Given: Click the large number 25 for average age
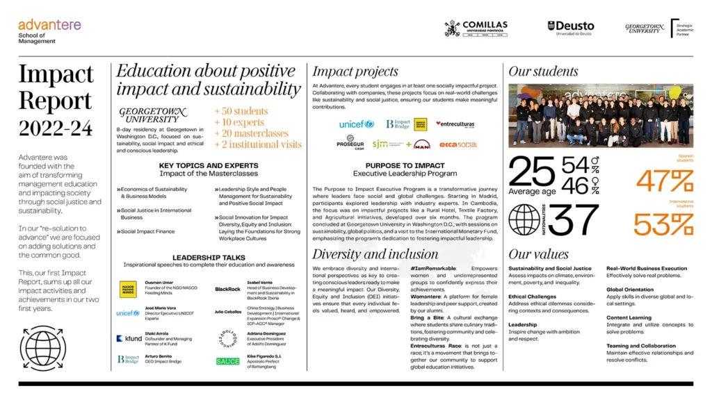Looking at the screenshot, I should click(x=532, y=173).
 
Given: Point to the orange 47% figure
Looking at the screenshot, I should click(x=664, y=181).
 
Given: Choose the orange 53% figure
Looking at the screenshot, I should click(x=664, y=224).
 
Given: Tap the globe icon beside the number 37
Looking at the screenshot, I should click(x=524, y=220).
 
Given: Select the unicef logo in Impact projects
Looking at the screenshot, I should click(x=357, y=124).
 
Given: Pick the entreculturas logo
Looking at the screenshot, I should click(x=455, y=124).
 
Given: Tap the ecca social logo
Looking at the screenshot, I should click(x=458, y=144).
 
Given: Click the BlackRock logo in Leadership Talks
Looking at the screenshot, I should click(x=227, y=289).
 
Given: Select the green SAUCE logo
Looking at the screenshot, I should click(x=227, y=361).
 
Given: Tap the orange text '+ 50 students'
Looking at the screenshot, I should click(x=241, y=111).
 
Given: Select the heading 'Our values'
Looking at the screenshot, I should click(x=538, y=254).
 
